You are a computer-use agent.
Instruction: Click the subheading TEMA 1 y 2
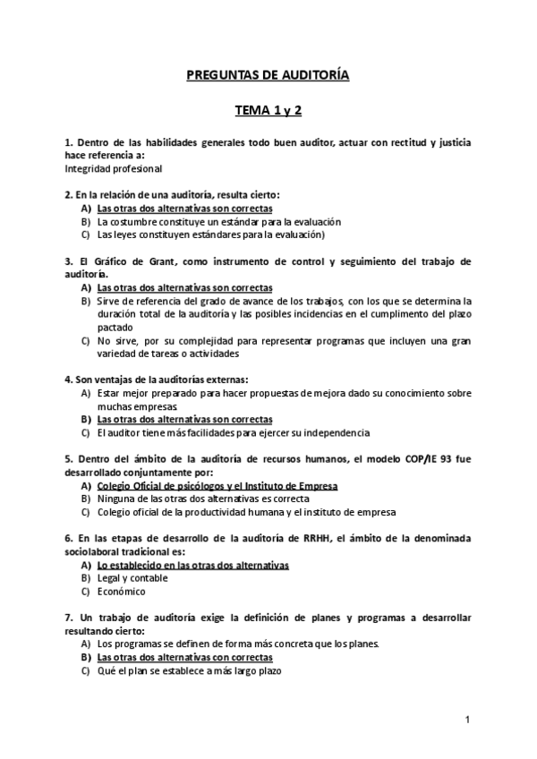[x=268, y=112]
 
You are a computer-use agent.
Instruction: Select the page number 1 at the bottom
[x=468, y=720]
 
